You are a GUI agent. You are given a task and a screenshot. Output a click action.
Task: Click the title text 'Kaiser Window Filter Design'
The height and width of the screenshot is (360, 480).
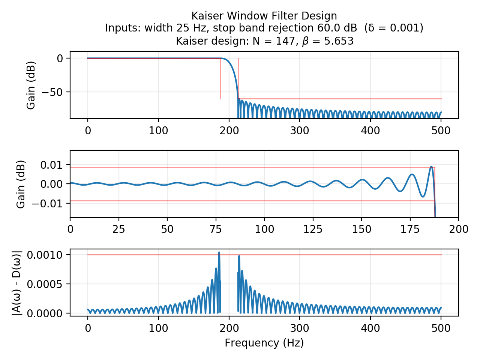point(264,16)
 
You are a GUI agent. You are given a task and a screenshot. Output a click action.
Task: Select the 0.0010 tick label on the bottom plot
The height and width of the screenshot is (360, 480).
point(47,255)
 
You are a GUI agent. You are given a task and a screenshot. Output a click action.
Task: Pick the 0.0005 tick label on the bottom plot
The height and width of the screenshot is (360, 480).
point(47,284)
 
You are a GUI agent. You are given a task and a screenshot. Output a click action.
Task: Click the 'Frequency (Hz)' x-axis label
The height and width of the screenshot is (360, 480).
point(264,343)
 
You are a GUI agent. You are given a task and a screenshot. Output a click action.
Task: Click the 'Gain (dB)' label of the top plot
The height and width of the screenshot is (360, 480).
point(31,85)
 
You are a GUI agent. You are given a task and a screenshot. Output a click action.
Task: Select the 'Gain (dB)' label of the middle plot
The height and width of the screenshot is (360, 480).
point(21,184)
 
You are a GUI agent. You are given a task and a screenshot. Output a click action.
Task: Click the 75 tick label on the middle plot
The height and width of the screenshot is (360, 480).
point(216,229)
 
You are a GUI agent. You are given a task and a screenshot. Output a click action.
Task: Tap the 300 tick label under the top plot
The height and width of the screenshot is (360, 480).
point(300,130)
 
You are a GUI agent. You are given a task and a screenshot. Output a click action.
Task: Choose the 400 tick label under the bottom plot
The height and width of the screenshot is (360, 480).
point(370,328)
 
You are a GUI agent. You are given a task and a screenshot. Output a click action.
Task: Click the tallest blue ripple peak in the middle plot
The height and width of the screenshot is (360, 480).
point(431,166)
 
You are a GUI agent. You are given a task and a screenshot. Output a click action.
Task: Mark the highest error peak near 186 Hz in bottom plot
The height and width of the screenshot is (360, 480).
point(219,253)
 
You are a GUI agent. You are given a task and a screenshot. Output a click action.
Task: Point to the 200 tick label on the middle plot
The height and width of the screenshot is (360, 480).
point(458,229)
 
